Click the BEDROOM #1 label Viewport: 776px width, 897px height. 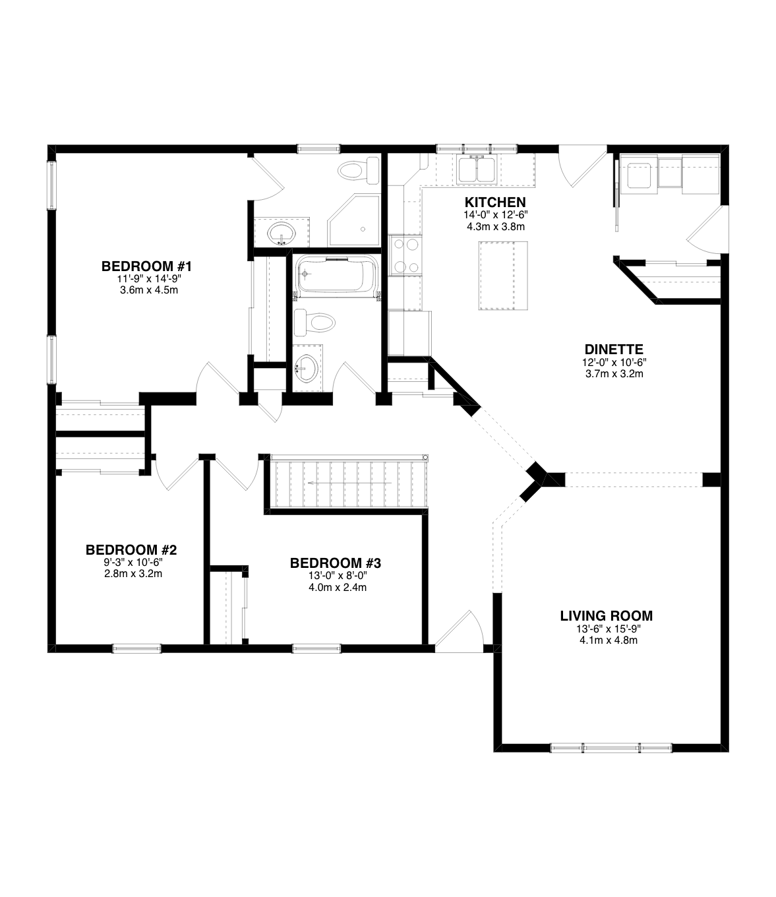click(x=146, y=266)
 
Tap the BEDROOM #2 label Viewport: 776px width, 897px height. click(x=131, y=549)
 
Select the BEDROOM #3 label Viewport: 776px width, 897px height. click(x=336, y=563)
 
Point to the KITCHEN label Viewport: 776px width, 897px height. click(x=494, y=202)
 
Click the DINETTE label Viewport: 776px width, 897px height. click(x=613, y=350)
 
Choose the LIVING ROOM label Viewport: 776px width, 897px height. click(x=606, y=616)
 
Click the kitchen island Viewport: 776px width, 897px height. click(x=504, y=275)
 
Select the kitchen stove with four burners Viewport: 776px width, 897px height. click(x=405, y=255)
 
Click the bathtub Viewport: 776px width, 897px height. click(x=336, y=276)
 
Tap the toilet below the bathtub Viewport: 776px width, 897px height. click(x=315, y=323)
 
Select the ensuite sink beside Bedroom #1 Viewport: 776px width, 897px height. click(x=282, y=232)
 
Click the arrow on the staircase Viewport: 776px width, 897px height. click(x=349, y=483)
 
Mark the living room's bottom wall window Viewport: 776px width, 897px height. click(x=611, y=748)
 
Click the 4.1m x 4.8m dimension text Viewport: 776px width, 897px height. click(x=606, y=640)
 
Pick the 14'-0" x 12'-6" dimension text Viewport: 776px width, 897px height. click(x=494, y=215)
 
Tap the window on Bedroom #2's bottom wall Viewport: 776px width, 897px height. click(x=136, y=648)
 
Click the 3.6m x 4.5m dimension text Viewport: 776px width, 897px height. click(x=146, y=290)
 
